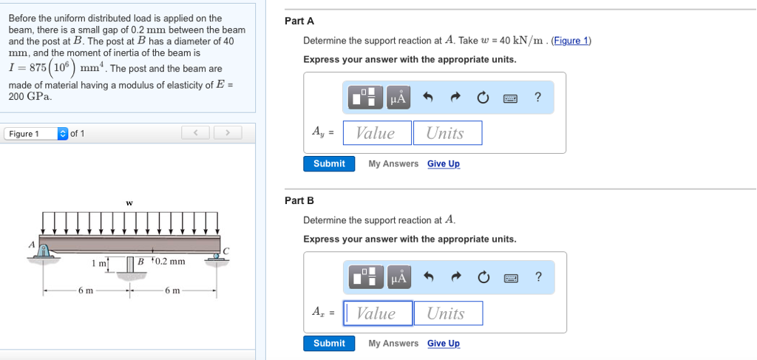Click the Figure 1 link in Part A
(571, 41)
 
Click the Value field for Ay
(376, 133)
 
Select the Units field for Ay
(447, 133)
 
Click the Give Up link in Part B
(443, 343)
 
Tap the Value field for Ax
(376, 313)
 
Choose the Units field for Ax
(447, 313)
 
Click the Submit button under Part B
(329, 343)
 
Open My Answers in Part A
(393, 163)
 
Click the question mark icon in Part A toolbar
(537, 98)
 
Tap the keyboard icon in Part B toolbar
(509, 278)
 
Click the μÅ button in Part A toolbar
(398, 98)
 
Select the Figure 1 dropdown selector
(35, 134)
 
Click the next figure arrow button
(228, 133)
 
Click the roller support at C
(216, 256)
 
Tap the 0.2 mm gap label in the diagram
(169, 261)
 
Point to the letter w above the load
(129, 202)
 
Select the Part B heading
(299, 200)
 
